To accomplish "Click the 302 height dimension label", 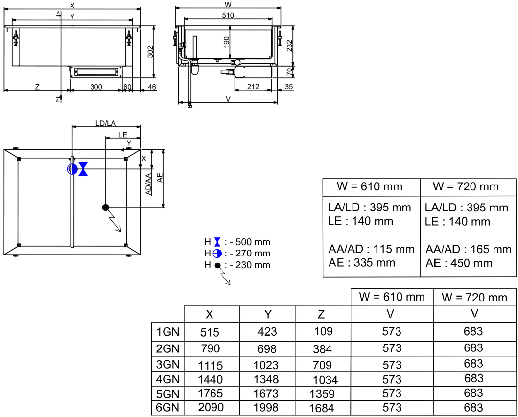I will click(x=151, y=51).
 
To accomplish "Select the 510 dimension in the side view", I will click(x=228, y=15).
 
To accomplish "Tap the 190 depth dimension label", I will click(x=226, y=42).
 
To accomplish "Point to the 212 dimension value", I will click(x=253, y=87).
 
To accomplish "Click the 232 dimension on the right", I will click(x=289, y=46).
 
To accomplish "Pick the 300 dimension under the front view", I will click(x=96, y=87).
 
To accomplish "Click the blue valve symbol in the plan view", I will click(x=83, y=169).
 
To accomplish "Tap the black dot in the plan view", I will click(x=105, y=207).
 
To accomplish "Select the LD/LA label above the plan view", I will click(x=105, y=123).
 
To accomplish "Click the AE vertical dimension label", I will click(x=160, y=178).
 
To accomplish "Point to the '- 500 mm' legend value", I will click(x=250, y=242).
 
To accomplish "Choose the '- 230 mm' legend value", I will click(x=250, y=265).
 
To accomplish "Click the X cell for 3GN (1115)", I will click(x=211, y=365).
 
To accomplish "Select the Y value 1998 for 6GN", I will click(x=266, y=407).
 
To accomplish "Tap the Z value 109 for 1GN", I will click(x=323, y=331).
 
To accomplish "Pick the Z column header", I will click(x=321, y=314).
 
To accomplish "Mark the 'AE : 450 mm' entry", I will click(x=459, y=263).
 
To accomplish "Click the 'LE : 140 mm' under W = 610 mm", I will click(x=360, y=221).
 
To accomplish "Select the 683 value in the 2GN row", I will click(x=473, y=348).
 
